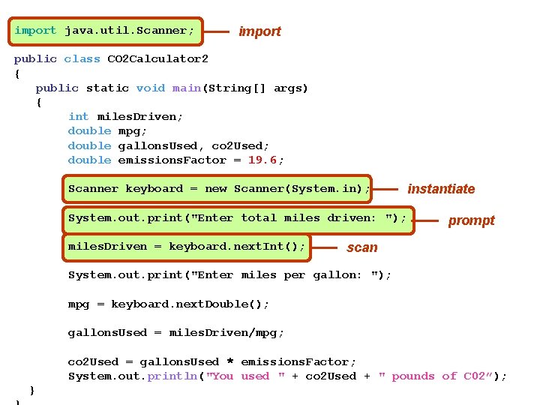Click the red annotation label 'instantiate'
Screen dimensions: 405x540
point(441,189)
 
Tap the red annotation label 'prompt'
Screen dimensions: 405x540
point(471,220)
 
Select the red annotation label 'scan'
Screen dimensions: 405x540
point(362,247)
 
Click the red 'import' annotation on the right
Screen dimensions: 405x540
point(259,31)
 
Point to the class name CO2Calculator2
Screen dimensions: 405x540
point(157,58)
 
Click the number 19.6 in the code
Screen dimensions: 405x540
point(262,160)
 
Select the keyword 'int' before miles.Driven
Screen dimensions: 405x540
point(78,116)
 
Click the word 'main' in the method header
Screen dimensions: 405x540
point(186,88)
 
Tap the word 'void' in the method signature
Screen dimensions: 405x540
point(150,88)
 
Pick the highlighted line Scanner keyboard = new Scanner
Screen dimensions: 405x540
point(218,189)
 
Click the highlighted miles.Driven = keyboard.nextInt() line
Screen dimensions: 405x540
point(187,246)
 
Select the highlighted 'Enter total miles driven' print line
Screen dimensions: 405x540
point(237,217)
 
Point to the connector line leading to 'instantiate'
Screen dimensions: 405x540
point(387,189)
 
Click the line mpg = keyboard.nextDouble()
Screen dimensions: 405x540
point(168,304)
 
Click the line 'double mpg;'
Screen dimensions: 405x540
point(100,130)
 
